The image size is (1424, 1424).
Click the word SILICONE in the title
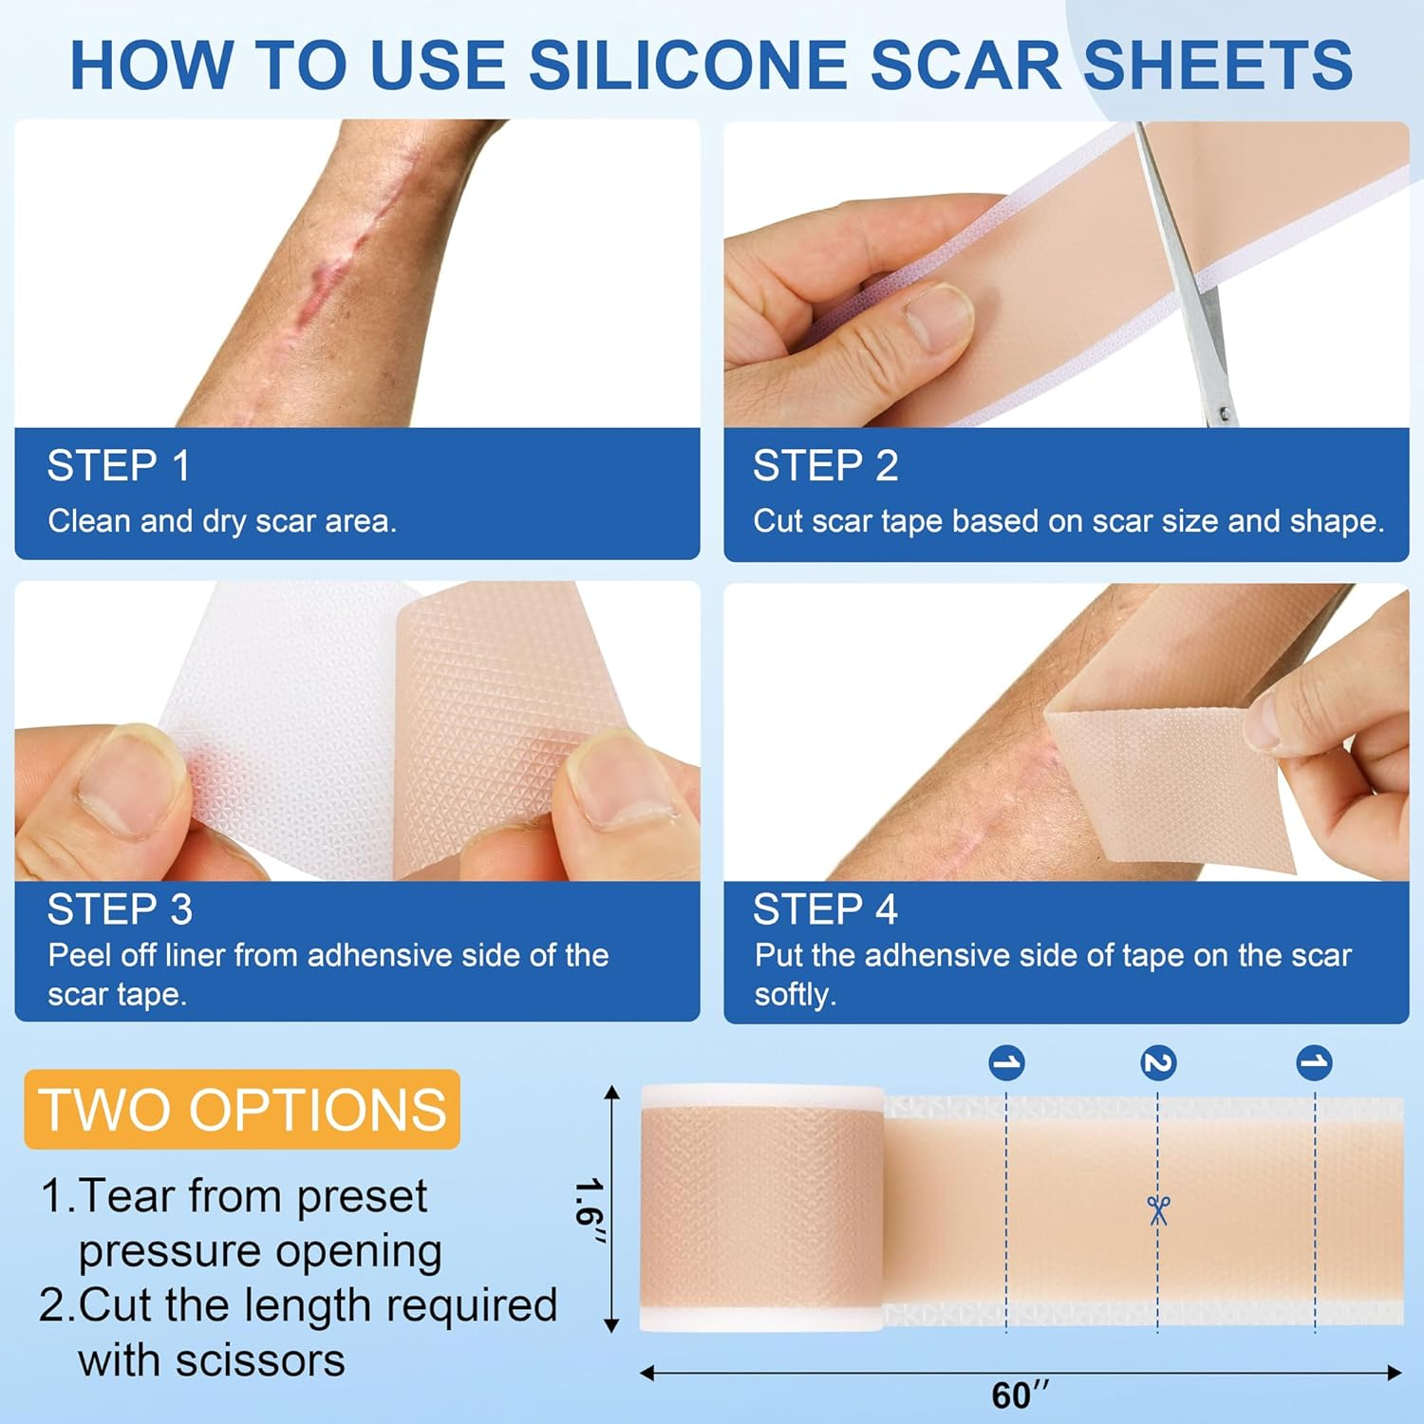pos(687,66)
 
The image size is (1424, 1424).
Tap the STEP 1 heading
pos(119,466)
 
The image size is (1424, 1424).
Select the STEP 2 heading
pos(825,466)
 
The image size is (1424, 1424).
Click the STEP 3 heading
pos(120,909)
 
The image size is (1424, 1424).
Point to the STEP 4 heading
pos(825,909)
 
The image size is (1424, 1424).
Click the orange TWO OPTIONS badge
pos(242,1110)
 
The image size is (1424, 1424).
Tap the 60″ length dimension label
pos(1020,1396)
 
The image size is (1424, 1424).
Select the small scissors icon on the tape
pos(1158,1210)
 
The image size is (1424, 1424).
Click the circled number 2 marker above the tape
pos(1158,1062)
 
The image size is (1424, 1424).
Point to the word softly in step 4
pos(795,995)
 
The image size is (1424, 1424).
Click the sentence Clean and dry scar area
pos(222,521)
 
